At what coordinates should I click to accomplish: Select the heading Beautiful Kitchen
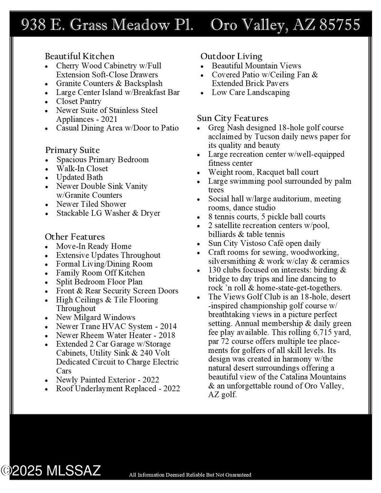pyautogui.click(x=80, y=56)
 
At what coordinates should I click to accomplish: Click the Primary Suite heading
pyautogui.click(x=72, y=151)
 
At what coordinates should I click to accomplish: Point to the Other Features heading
pyautogui.click(x=75, y=237)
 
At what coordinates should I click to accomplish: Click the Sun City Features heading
pyautogui.click(x=233, y=118)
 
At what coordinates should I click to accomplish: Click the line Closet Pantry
pyautogui.click(x=79, y=101)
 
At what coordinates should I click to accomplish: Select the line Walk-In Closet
pyautogui.click(x=82, y=169)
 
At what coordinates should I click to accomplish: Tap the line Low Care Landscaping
pyautogui.click(x=251, y=92)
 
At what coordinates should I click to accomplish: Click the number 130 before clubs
pyautogui.click(x=215, y=270)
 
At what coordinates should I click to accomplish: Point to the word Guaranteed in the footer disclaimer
pyautogui.click(x=235, y=475)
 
